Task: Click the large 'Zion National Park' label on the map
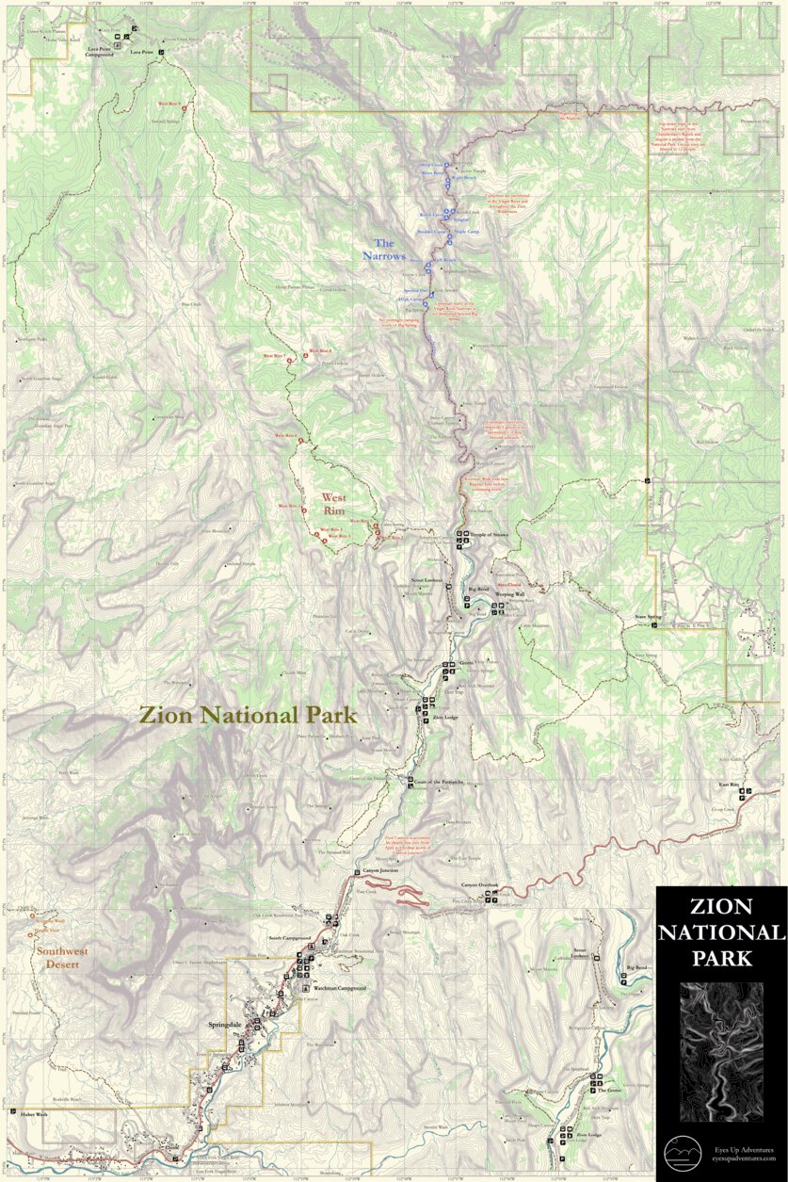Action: [x=249, y=715]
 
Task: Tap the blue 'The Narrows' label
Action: [x=383, y=249]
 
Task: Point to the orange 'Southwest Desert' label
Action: [x=62, y=957]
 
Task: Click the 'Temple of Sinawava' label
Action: [x=490, y=535]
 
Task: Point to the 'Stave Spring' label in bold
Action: [x=648, y=617]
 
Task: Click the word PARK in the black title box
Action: [x=720, y=959]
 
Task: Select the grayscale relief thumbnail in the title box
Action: [x=721, y=1050]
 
